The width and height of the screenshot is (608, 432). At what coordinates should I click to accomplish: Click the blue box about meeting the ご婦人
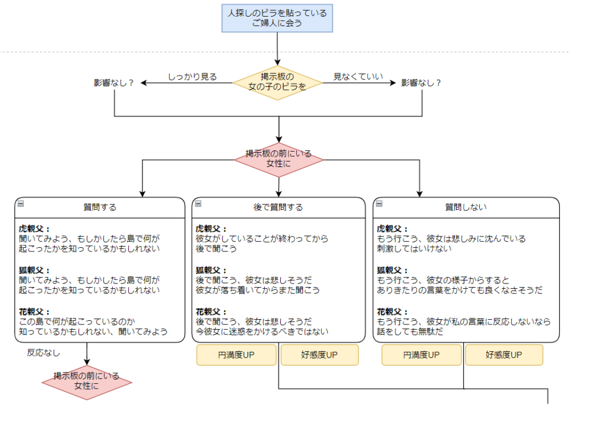(277, 18)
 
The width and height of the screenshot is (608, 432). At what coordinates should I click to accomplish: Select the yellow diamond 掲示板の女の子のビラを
(277, 83)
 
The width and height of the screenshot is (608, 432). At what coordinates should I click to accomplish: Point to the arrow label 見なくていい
(358, 77)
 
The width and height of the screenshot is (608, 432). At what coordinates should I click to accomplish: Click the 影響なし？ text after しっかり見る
(114, 83)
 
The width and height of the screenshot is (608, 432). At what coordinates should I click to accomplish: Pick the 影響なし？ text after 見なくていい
(422, 83)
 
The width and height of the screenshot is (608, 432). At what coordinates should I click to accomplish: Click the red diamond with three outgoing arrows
(278, 159)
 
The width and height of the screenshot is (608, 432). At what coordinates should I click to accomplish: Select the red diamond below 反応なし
(87, 381)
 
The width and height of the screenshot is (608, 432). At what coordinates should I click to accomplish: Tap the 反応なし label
(43, 352)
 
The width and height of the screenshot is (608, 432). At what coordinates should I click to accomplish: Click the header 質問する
(100, 207)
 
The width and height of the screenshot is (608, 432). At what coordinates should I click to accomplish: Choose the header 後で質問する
(278, 207)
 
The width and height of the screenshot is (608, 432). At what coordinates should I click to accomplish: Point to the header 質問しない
(466, 207)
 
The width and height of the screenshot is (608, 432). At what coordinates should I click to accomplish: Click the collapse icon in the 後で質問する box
(198, 203)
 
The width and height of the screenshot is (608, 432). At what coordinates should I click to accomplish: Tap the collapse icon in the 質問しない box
(379, 203)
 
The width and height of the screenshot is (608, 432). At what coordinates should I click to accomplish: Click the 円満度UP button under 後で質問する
(236, 355)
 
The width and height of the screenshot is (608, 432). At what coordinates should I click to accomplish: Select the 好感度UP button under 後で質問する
(319, 355)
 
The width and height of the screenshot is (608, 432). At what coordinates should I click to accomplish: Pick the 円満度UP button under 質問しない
(422, 355)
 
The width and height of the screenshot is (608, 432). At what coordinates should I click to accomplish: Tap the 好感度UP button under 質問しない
(504, 355)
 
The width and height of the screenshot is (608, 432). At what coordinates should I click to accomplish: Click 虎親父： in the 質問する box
(34, 229)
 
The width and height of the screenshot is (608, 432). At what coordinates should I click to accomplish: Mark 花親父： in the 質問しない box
(392, 312)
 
